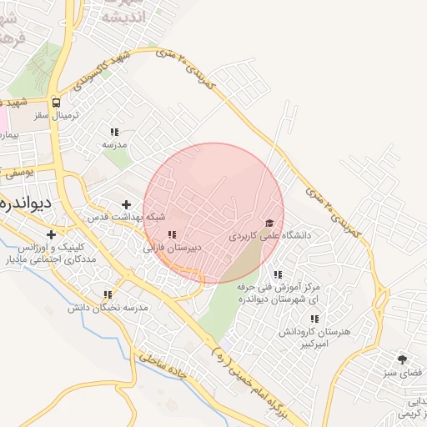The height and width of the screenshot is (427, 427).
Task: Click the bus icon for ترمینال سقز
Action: click(56, 103)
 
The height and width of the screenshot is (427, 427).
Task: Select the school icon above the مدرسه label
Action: click(114, 132)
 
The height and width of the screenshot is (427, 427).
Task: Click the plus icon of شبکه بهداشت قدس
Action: click(127, 204)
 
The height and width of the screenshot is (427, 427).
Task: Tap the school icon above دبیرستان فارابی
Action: click(172, 236)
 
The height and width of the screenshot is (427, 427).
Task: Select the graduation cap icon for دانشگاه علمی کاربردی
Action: click(269, 224)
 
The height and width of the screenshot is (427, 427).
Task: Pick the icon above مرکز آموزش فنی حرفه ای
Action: click(278, 274)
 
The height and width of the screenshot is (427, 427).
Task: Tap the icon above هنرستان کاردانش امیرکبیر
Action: click(314, 319)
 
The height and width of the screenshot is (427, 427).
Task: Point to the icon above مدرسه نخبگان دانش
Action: click(108, 294)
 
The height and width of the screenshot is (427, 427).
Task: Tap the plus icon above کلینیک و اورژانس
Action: click(52, 235)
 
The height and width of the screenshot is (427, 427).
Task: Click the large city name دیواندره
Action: click(26, 203)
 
